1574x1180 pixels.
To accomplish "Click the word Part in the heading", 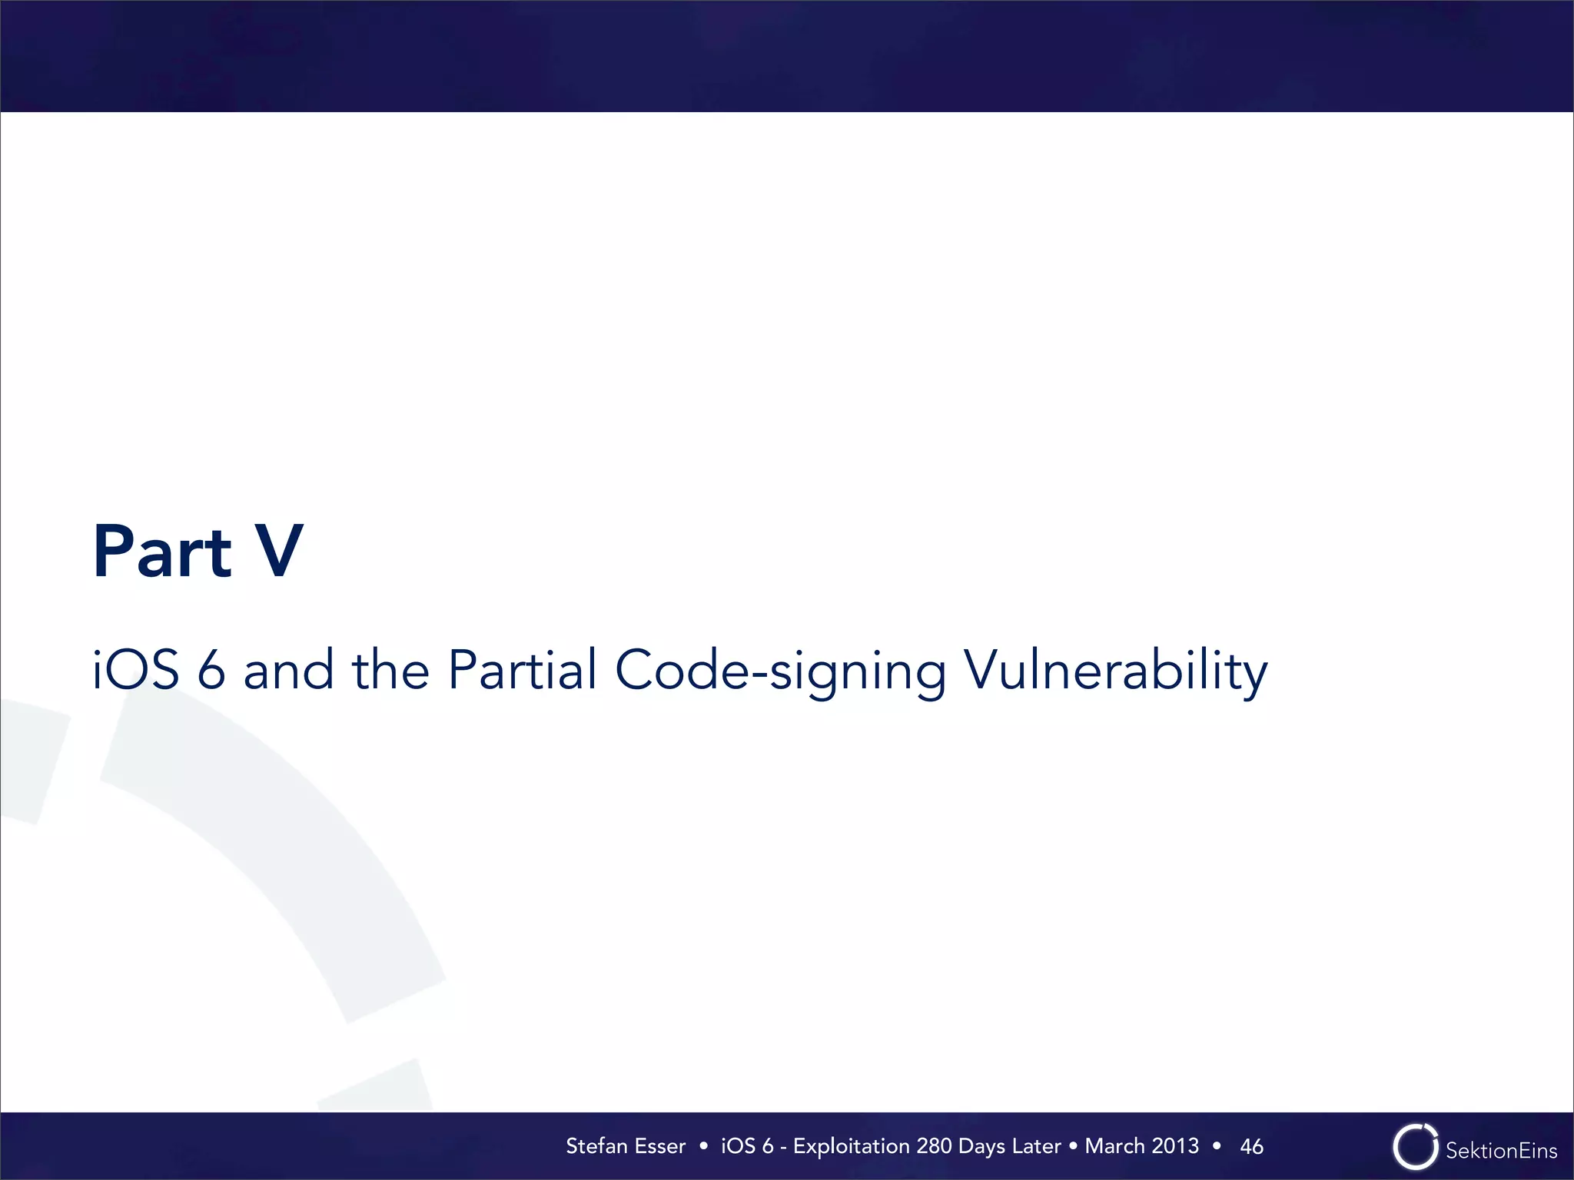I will (162, 551).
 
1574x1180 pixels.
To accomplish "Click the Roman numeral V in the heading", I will (279, 551).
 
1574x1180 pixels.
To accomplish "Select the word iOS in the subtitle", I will (136, 669).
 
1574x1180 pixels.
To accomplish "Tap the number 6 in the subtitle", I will (211, 669).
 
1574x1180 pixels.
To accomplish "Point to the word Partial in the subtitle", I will (522, 669).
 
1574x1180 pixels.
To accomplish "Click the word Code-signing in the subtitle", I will (780, 671).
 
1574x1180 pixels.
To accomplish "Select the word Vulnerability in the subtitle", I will (1115, 671).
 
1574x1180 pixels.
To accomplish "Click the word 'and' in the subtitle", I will (288, 669).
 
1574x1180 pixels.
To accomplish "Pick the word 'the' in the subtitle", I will (390, 669).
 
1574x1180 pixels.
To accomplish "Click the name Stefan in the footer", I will (597, 1146).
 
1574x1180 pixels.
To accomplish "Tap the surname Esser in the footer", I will (660, 1146).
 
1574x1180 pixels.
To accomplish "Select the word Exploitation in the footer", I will (852, 1146).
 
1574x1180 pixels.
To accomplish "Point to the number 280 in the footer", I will (935, 1146).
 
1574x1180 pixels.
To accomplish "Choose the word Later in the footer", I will (1037, 1146).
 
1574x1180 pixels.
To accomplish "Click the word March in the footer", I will (1114, 1146).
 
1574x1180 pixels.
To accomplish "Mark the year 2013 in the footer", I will (1175, 1146).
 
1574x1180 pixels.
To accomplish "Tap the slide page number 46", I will (1251, 1146).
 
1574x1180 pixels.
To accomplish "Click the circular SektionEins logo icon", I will (1415, 1148).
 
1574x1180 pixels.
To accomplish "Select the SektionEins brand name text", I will (1501, 1151).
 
